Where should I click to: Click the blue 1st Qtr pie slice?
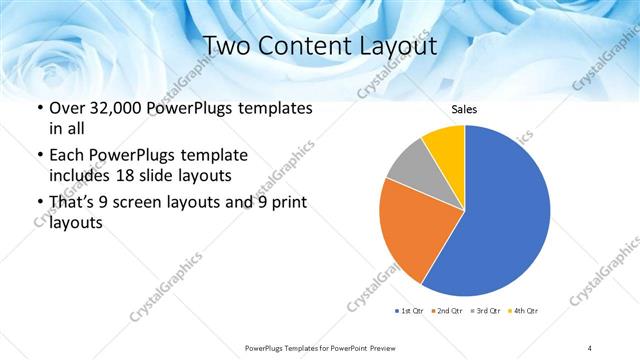pyautogui.click(x=500, y=215)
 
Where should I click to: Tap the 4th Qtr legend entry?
pyautogui.click(x=525, y=311)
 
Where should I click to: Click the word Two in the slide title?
pyautogui.click(x=226, y=46)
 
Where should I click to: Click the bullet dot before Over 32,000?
pyautogui.click(x=39, y=108)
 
